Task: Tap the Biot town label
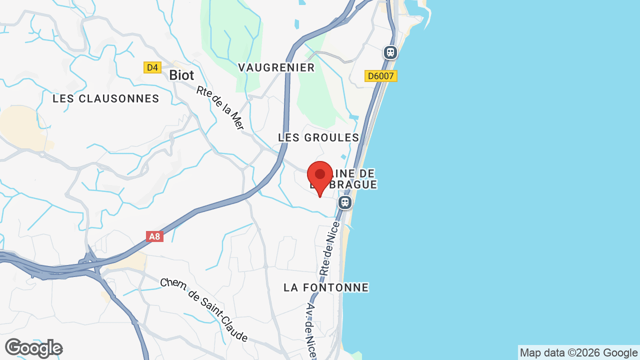181,75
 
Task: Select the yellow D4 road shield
152,67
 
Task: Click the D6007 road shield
381,76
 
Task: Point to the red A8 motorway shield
155,236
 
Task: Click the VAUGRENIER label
276,67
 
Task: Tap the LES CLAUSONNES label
106,98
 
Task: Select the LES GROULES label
318,137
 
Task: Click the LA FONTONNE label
326,287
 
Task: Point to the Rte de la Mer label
220,108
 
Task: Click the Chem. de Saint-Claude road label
204,310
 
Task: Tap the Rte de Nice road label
330,248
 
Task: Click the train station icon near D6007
390,52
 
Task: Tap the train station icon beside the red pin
344,202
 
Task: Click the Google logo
33,348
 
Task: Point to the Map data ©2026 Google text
578,352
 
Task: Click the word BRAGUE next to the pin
352,185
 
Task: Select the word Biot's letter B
173,75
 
